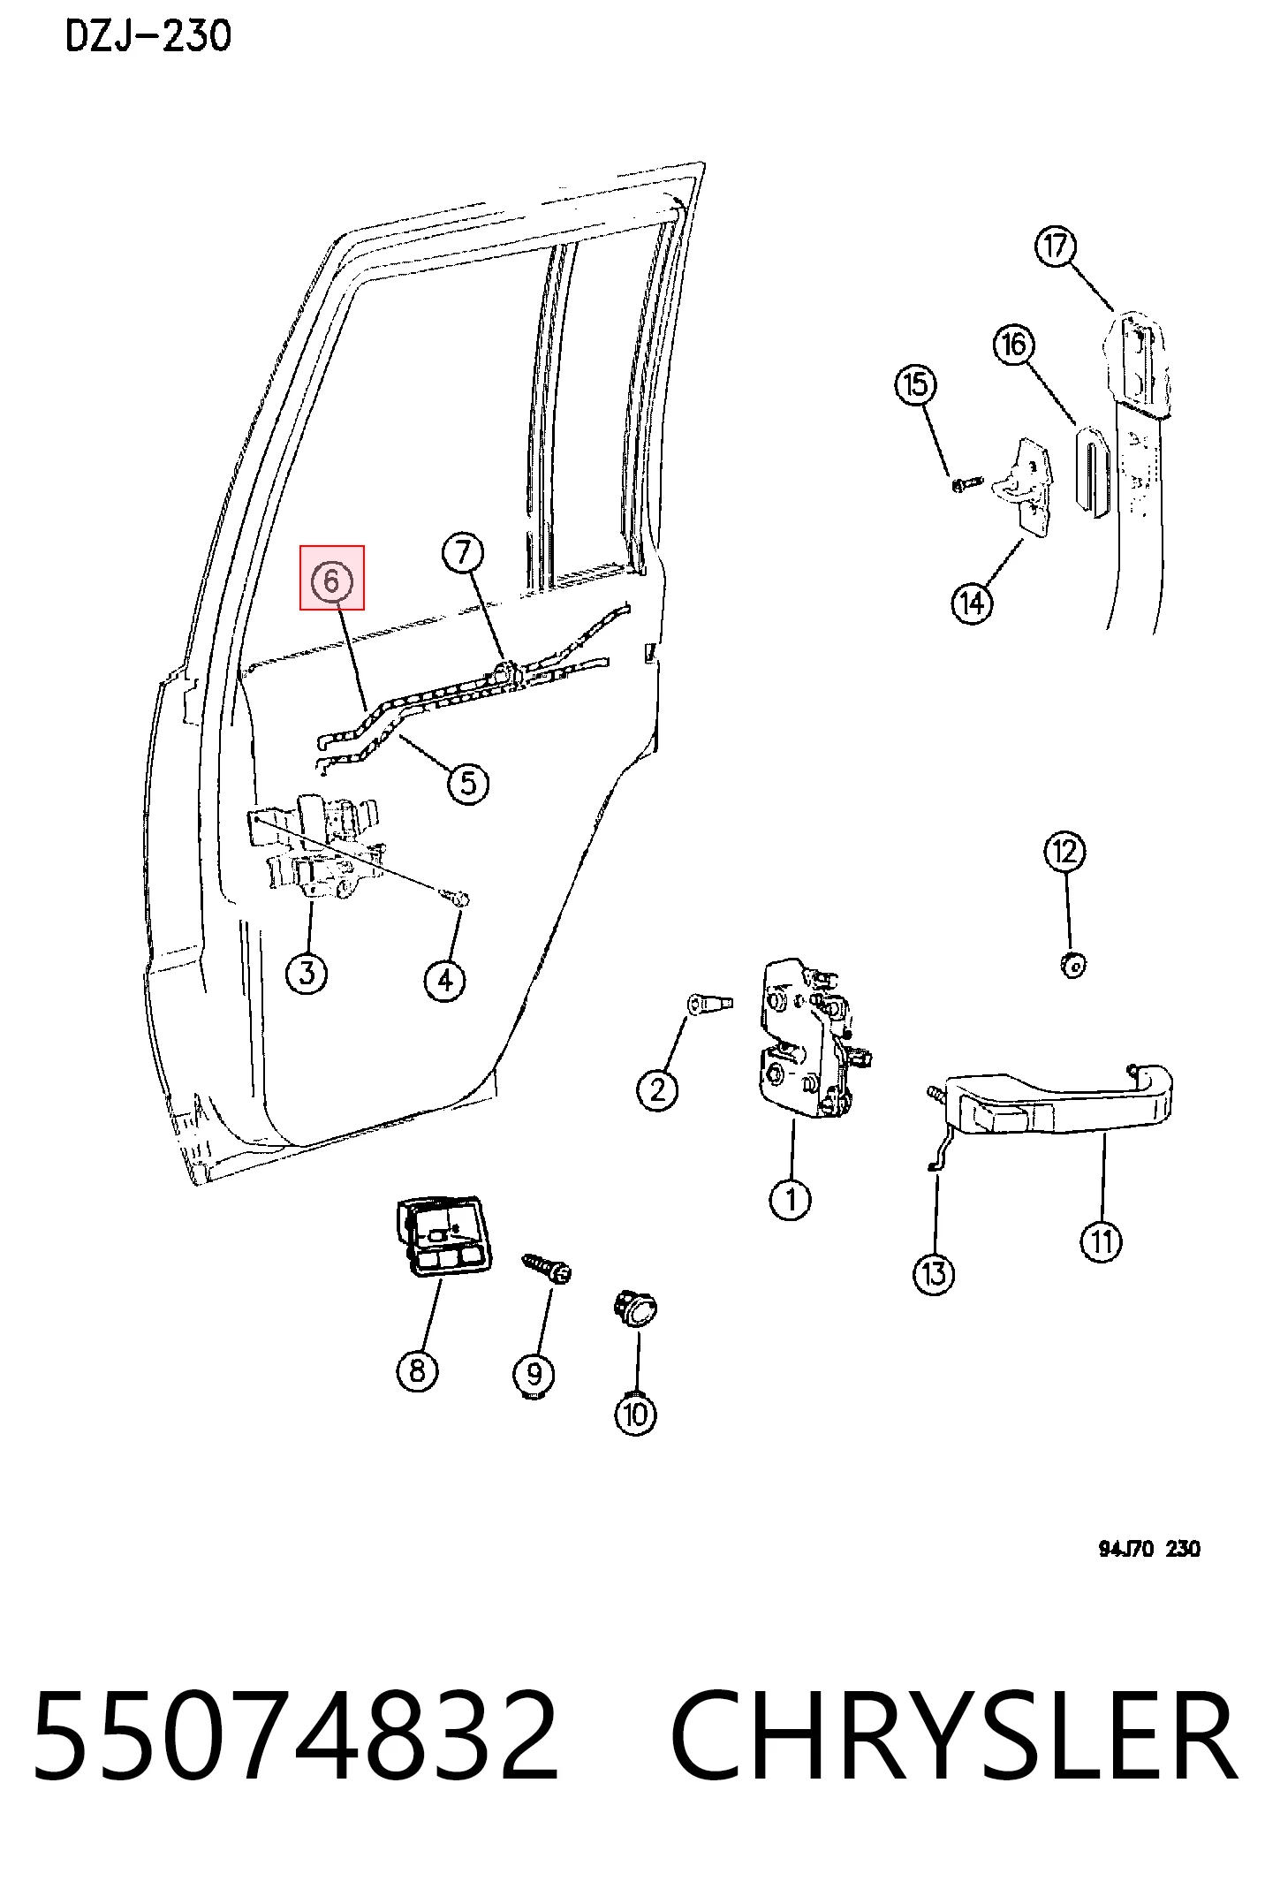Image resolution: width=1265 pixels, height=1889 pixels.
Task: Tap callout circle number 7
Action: click(x=464, y=553)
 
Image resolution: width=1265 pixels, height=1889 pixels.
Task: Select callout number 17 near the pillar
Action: click(x=1057, y=246)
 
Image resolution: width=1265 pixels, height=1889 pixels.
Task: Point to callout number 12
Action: click(x=1064, y=851)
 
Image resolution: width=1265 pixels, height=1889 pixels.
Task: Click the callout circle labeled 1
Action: click(x=790, y=1199)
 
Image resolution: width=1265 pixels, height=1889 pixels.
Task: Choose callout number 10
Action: click(x=636, y=1414)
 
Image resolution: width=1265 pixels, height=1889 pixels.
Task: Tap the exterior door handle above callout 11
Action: click(x=1051, y=1104)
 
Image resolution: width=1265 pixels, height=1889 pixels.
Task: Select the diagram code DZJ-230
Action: click(x=148, y=36)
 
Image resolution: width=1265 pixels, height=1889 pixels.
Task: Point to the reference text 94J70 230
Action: click(x=1149, y=1549)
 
